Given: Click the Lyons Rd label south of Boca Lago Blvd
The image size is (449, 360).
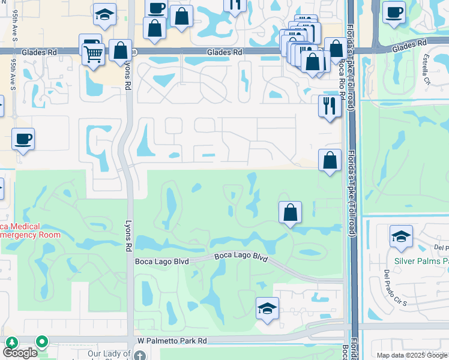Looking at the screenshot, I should (128, 230).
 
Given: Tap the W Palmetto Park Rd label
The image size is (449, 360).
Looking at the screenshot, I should (172, 341).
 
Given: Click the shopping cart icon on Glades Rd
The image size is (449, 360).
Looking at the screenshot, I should (94, 55).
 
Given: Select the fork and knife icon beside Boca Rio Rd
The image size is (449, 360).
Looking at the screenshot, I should (330, 106).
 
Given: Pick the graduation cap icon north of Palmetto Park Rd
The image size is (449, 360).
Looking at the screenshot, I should (267, 308).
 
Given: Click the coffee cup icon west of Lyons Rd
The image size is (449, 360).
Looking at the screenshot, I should (23, 139).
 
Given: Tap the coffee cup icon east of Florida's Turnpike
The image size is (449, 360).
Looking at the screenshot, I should (394, 12).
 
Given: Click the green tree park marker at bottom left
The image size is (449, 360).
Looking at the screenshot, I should (11, 343).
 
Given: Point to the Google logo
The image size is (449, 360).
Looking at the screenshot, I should (19, 353).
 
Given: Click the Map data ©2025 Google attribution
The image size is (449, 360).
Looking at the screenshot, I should (411, 355).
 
